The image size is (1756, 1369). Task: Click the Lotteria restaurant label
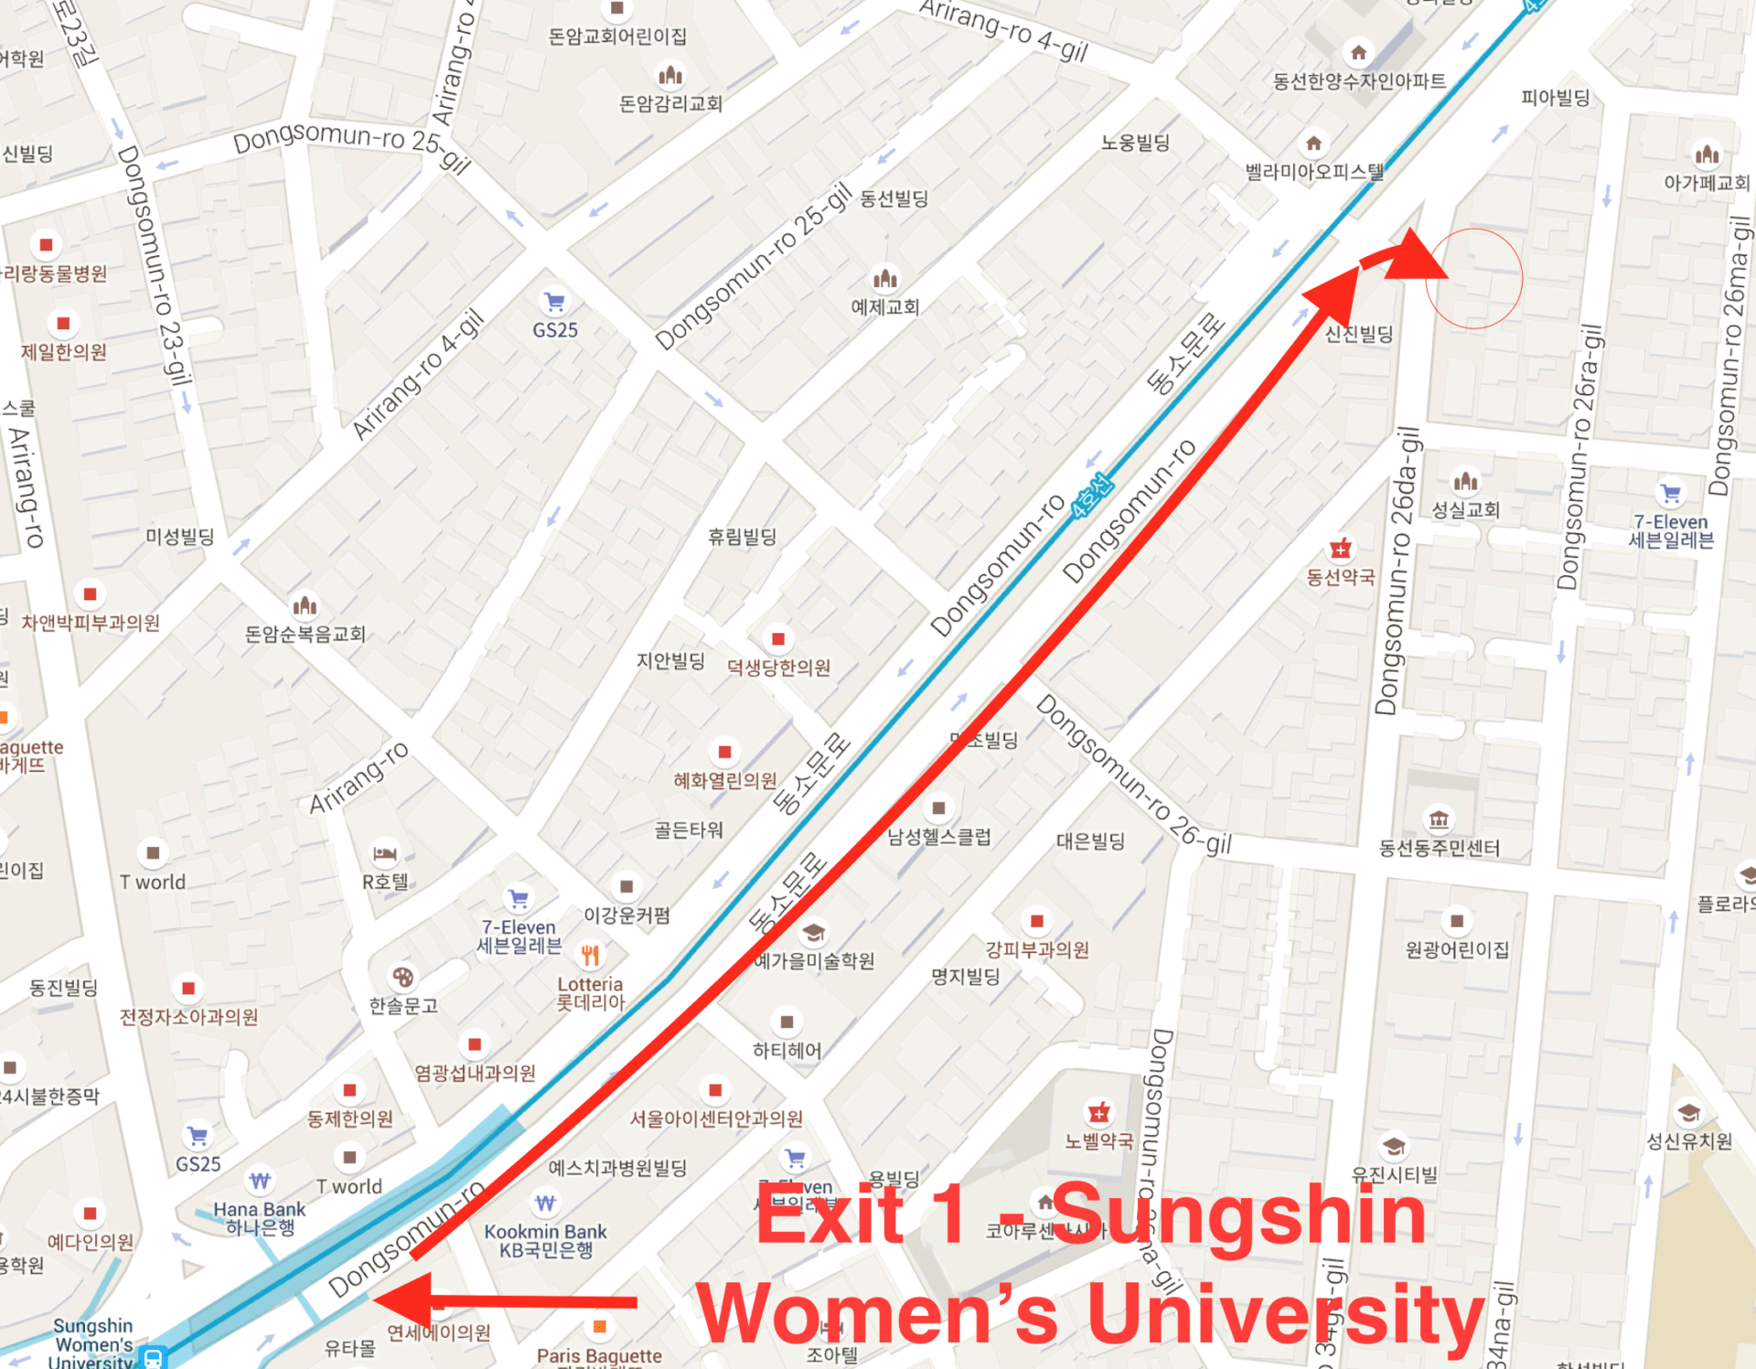(x=590, y=993)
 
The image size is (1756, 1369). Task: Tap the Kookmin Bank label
(x=546, y=1240)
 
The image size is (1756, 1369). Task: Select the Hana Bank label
(x=260, y=1217)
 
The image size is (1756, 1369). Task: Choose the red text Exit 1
(x=860, y=1214)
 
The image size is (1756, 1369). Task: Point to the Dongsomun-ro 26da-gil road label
(x=1398, y=572)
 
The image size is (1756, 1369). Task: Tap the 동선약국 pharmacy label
(x=1340, y=577)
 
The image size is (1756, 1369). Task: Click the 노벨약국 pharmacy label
(x=1098, y=1140)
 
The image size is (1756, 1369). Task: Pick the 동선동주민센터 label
(x=1439, y=848)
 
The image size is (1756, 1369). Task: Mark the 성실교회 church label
(x=1465, y=509)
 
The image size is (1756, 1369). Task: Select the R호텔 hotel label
(x=385, y=882)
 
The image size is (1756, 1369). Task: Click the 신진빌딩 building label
(x=1359, y=334)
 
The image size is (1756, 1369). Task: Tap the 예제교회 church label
(x=884, y=307)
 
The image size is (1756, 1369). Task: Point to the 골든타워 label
(x=689, y=829)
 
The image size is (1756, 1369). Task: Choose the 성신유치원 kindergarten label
(x=1688, y=1141)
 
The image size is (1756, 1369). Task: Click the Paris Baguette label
(x=599, y=1355)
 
